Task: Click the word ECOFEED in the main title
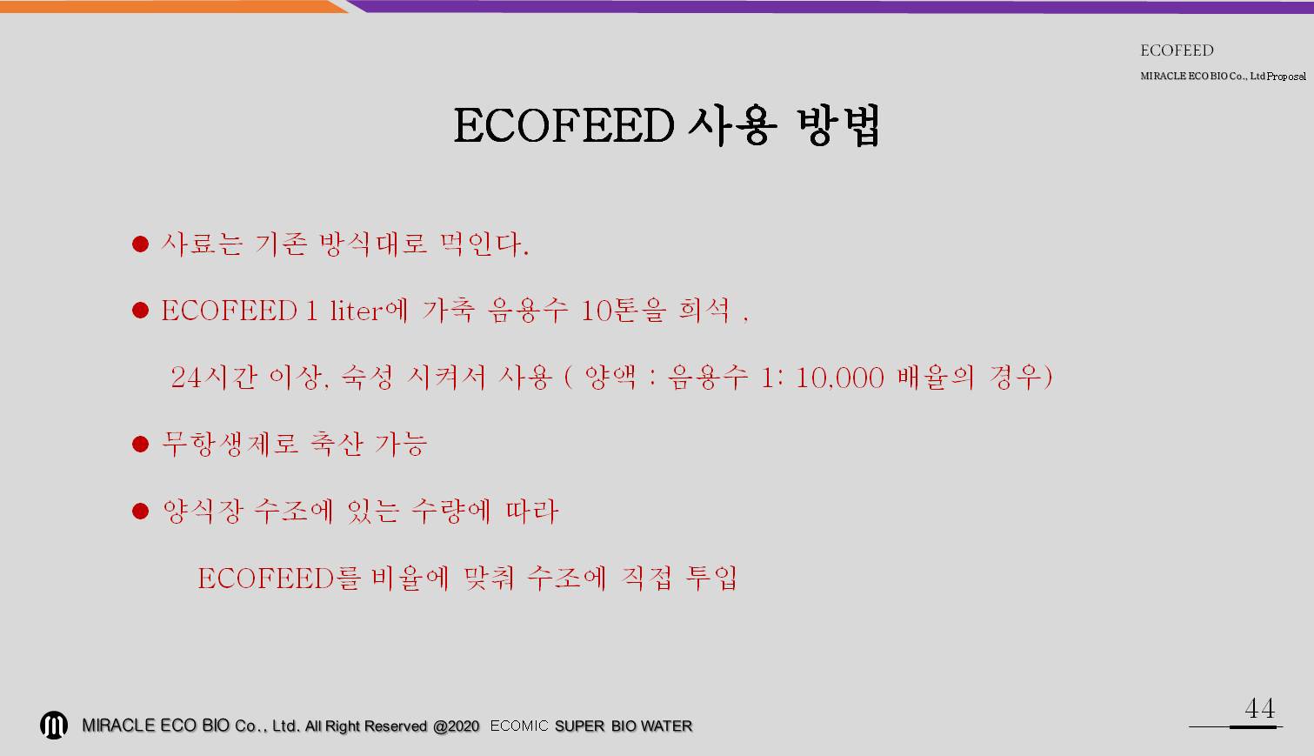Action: click(564, 125)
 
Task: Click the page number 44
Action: click(1260, 708)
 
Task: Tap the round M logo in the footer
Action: click(53, 725)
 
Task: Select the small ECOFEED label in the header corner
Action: click(1177, 50)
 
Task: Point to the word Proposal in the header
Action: click(1286, 77)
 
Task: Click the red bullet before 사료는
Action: click(140, 244)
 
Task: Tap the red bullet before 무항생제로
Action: click(140, 444)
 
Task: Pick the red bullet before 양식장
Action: click(140, 511)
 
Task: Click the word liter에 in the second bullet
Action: click(369, 310)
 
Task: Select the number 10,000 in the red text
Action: click(839, 378)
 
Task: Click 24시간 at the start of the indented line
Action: click(214, 377)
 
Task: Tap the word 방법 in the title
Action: click(839, 125)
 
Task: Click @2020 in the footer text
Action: click(457, 726)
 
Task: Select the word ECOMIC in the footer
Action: click(519, 726)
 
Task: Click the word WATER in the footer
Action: click(666, 726)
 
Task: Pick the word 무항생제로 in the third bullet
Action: click(230, 444)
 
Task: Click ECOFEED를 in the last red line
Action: click(277, 579)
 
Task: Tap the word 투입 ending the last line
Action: click(711, 579)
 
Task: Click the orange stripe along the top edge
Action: click(170, 6)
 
